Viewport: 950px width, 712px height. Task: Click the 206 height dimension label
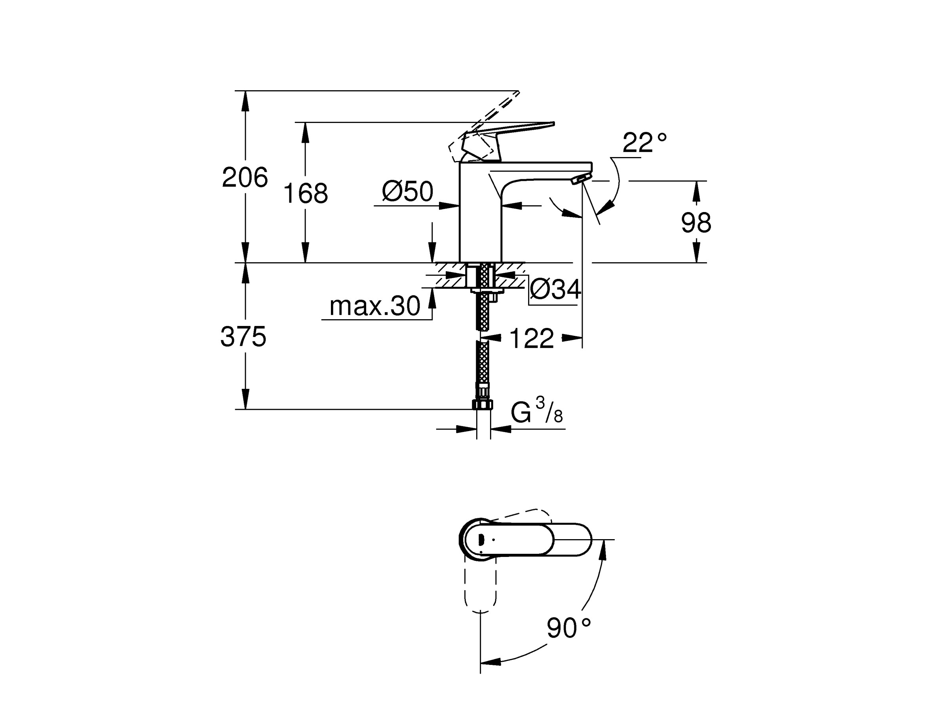245,177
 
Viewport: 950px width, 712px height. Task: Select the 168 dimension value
305,193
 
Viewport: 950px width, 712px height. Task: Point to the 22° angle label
644,143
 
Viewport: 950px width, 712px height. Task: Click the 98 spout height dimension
696,223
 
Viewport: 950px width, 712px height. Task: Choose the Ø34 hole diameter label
555,289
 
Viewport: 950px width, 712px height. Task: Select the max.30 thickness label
374,307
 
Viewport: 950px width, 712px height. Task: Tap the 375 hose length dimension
243,337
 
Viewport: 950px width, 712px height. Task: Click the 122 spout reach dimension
531,339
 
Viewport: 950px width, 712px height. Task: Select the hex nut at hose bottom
482,405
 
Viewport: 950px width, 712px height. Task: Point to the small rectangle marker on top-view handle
481,540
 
